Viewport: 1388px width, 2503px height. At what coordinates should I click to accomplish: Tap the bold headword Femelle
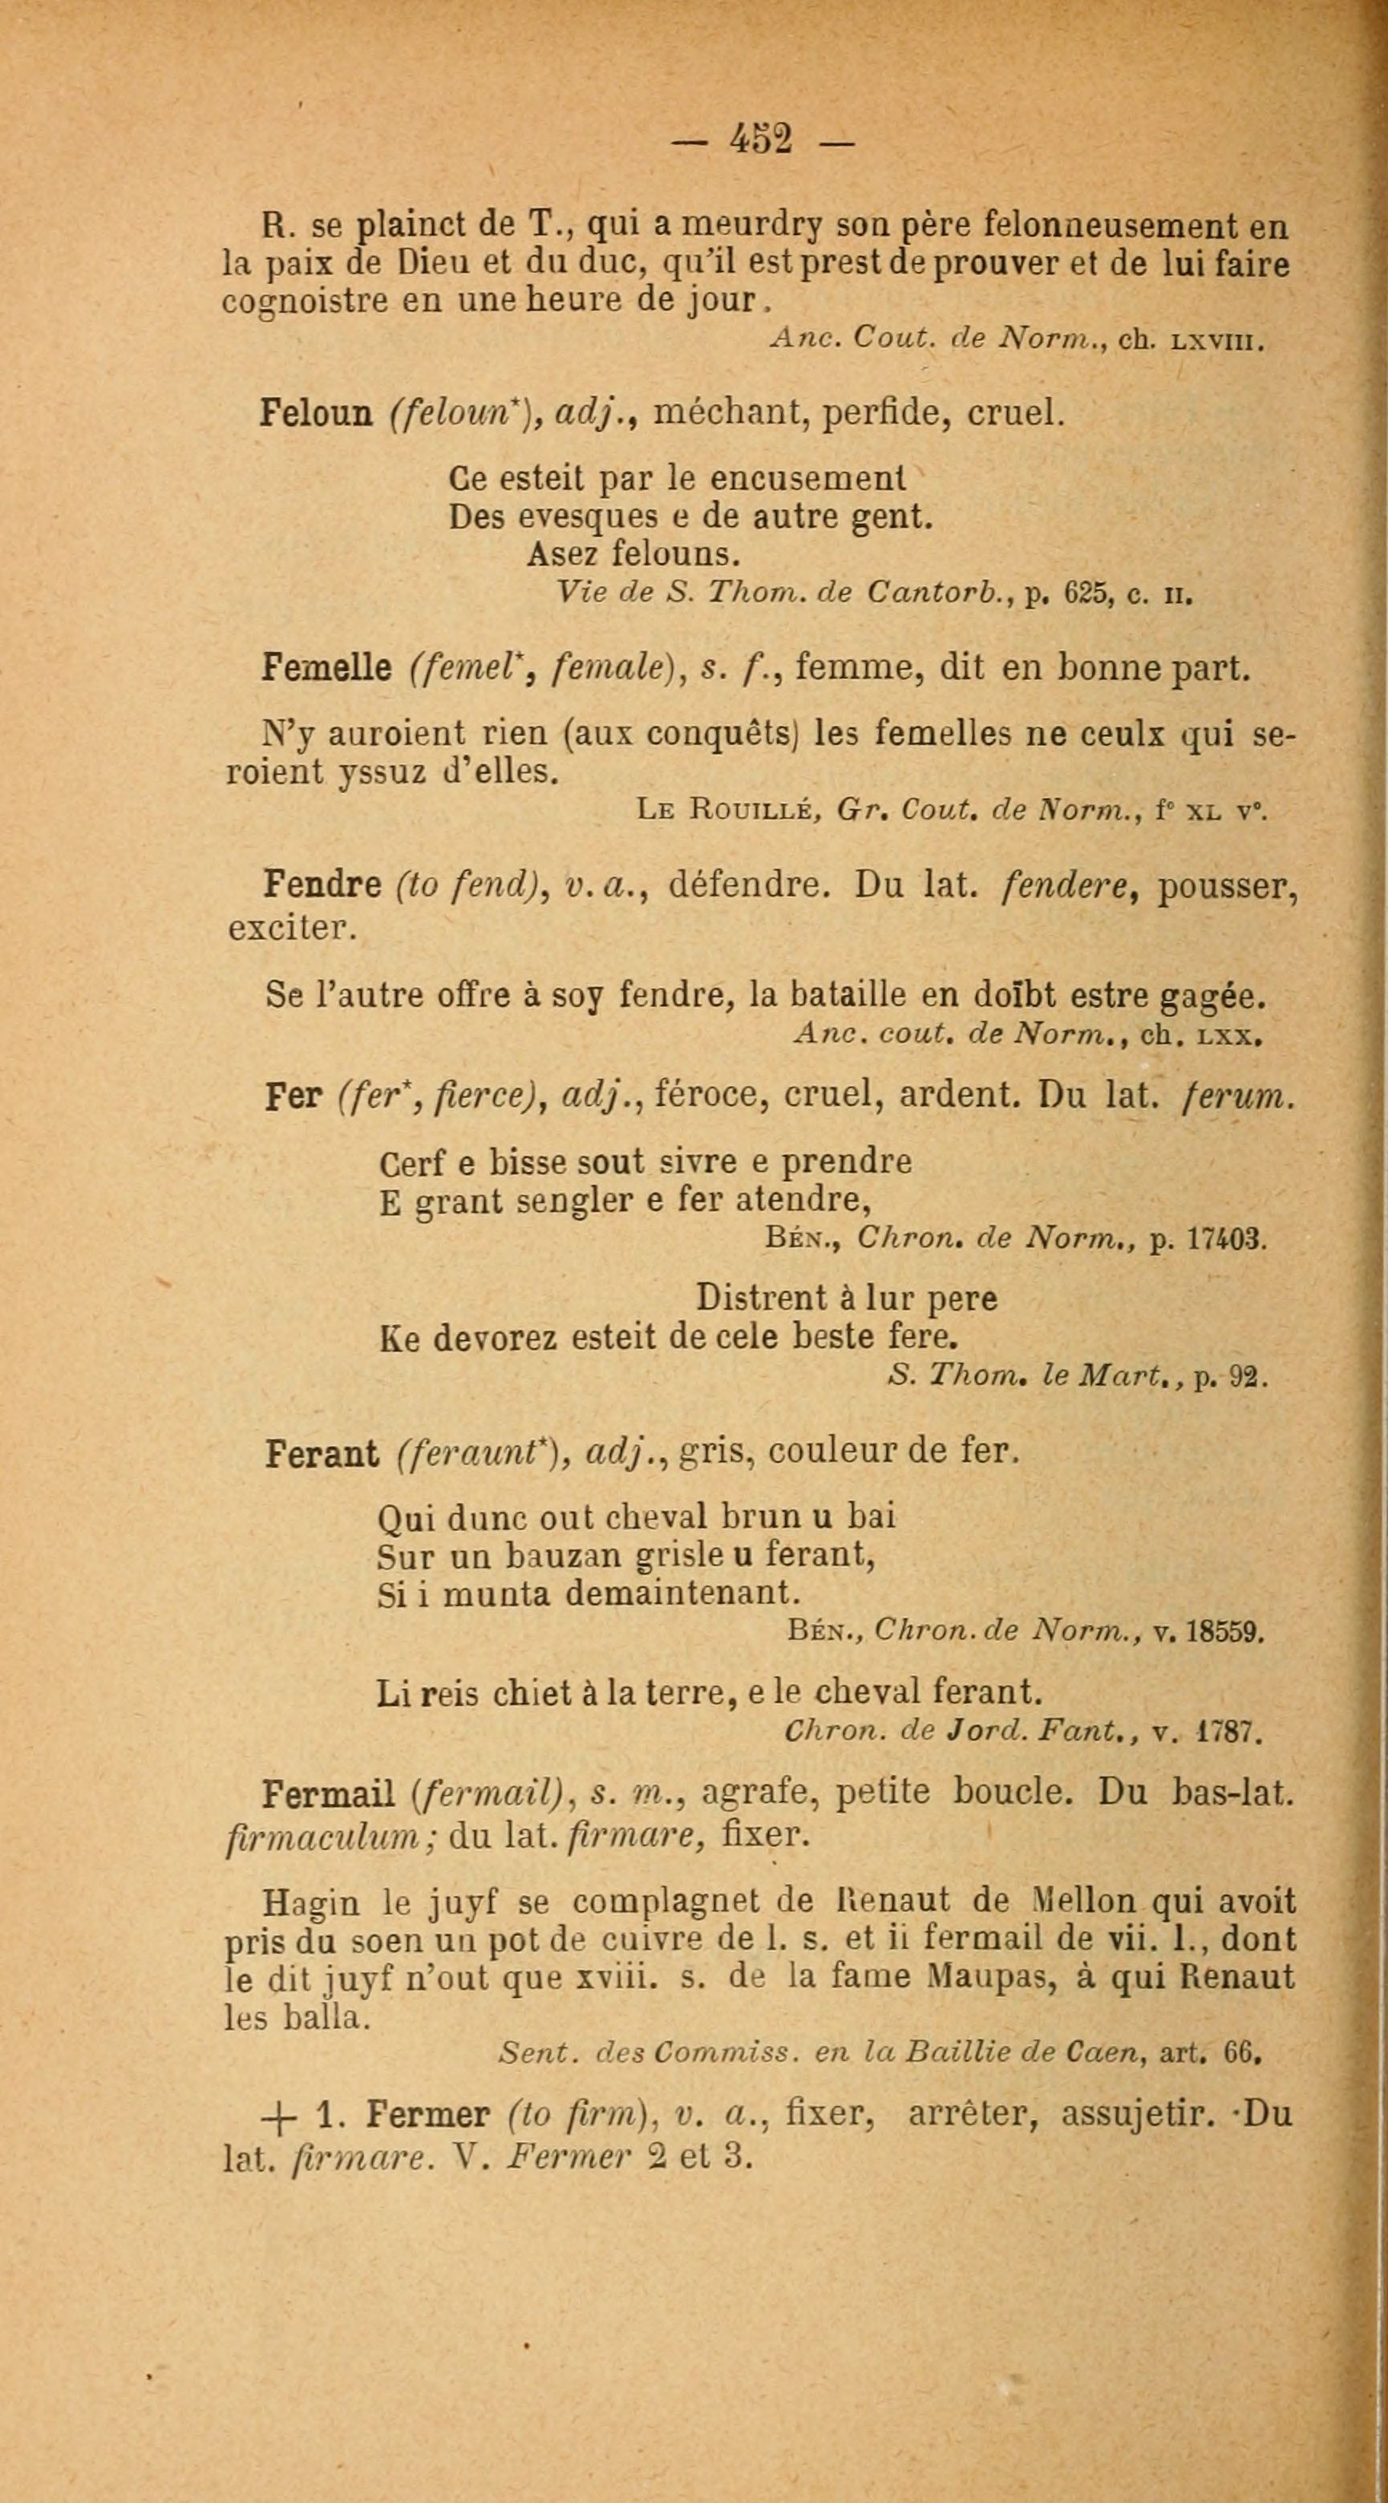point(326,669)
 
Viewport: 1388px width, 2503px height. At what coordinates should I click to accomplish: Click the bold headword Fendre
point(322,885)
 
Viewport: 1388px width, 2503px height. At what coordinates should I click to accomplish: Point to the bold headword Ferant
point(322,1454)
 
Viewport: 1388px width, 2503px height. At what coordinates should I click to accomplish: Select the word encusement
point(807,479)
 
